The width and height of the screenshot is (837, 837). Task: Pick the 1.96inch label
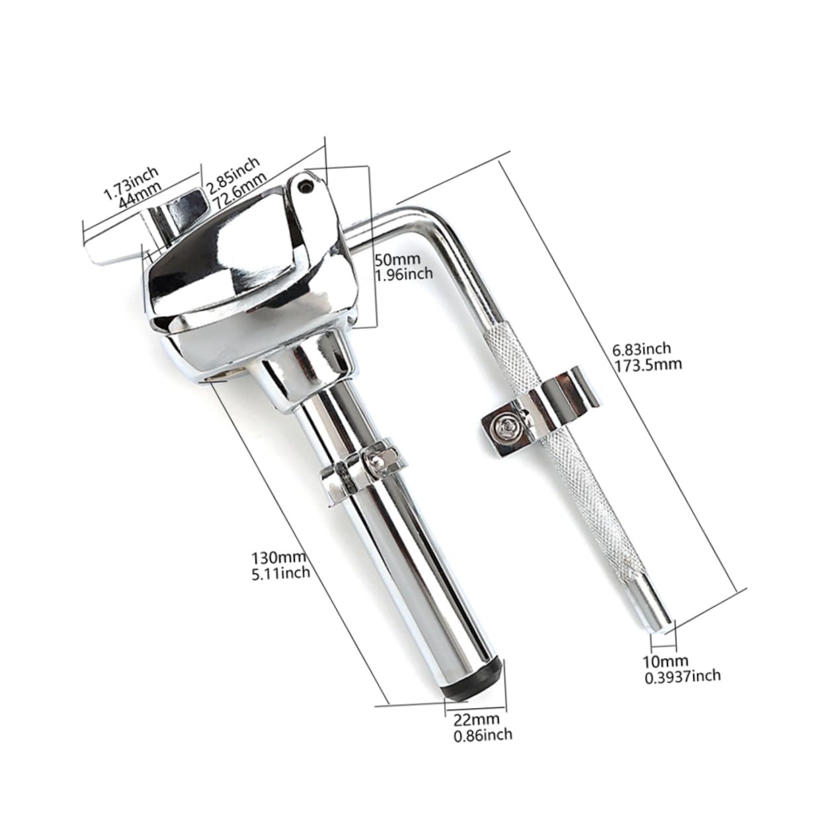[403, 272]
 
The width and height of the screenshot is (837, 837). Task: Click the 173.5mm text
[647, 363]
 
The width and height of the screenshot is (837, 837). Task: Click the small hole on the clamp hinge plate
[305, 186]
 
